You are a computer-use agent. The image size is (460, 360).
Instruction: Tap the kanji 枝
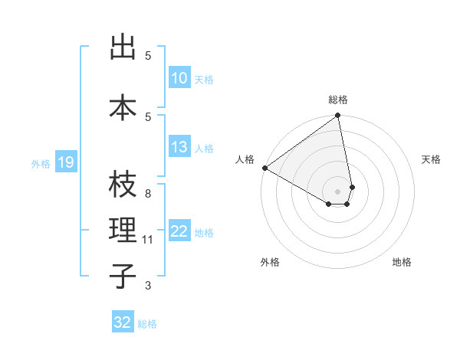tap(123, 185)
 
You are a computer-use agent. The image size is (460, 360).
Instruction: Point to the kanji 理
tap(123, 231)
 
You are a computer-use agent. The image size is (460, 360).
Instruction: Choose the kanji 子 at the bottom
tap(123, 277)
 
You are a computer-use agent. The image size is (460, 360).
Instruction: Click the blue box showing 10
tap(179, 78)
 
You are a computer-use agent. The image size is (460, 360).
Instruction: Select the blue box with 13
tap(179, 148)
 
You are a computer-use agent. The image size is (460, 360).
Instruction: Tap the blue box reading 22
tap(179, 232)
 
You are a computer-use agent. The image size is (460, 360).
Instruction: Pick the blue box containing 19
tap(65, 162)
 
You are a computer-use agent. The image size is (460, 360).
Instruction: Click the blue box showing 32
tap(123, 322)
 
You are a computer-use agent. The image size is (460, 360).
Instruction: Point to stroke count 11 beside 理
tap(148, 240)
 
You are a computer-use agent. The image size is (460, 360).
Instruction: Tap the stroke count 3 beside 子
tap(148, 286)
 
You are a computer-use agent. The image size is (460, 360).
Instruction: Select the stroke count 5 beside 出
tap(148, 56)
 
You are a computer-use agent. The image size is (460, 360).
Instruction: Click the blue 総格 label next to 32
tap(147, 324)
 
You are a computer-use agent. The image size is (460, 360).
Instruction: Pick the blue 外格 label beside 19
tap(41, 163)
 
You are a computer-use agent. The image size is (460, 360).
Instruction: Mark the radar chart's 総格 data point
tap(337, 116)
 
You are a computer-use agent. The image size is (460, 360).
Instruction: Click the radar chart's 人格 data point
tap(264, 168)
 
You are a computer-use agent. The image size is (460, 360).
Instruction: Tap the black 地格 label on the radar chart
tap(402, 262)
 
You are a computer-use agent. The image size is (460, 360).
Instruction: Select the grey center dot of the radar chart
tap(337, 190)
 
